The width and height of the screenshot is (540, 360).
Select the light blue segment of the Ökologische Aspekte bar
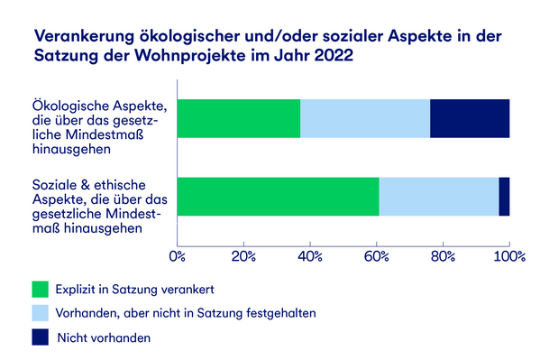(365, 118)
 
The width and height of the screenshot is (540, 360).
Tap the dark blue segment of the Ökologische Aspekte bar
(470, 118)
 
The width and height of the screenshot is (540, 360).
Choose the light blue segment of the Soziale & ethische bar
(439, 197)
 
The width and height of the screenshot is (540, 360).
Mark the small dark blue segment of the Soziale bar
(504, 197)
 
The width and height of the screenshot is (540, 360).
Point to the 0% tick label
(178, 256)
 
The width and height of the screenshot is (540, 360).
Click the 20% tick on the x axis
(243, 256)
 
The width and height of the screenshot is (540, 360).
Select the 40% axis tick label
(310, 256)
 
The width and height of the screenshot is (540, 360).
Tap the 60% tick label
(376, 256)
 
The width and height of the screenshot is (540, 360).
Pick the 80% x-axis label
(443, 256)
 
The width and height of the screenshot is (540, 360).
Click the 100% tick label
(509, 256)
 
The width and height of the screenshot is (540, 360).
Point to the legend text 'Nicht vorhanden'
(103, 337)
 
